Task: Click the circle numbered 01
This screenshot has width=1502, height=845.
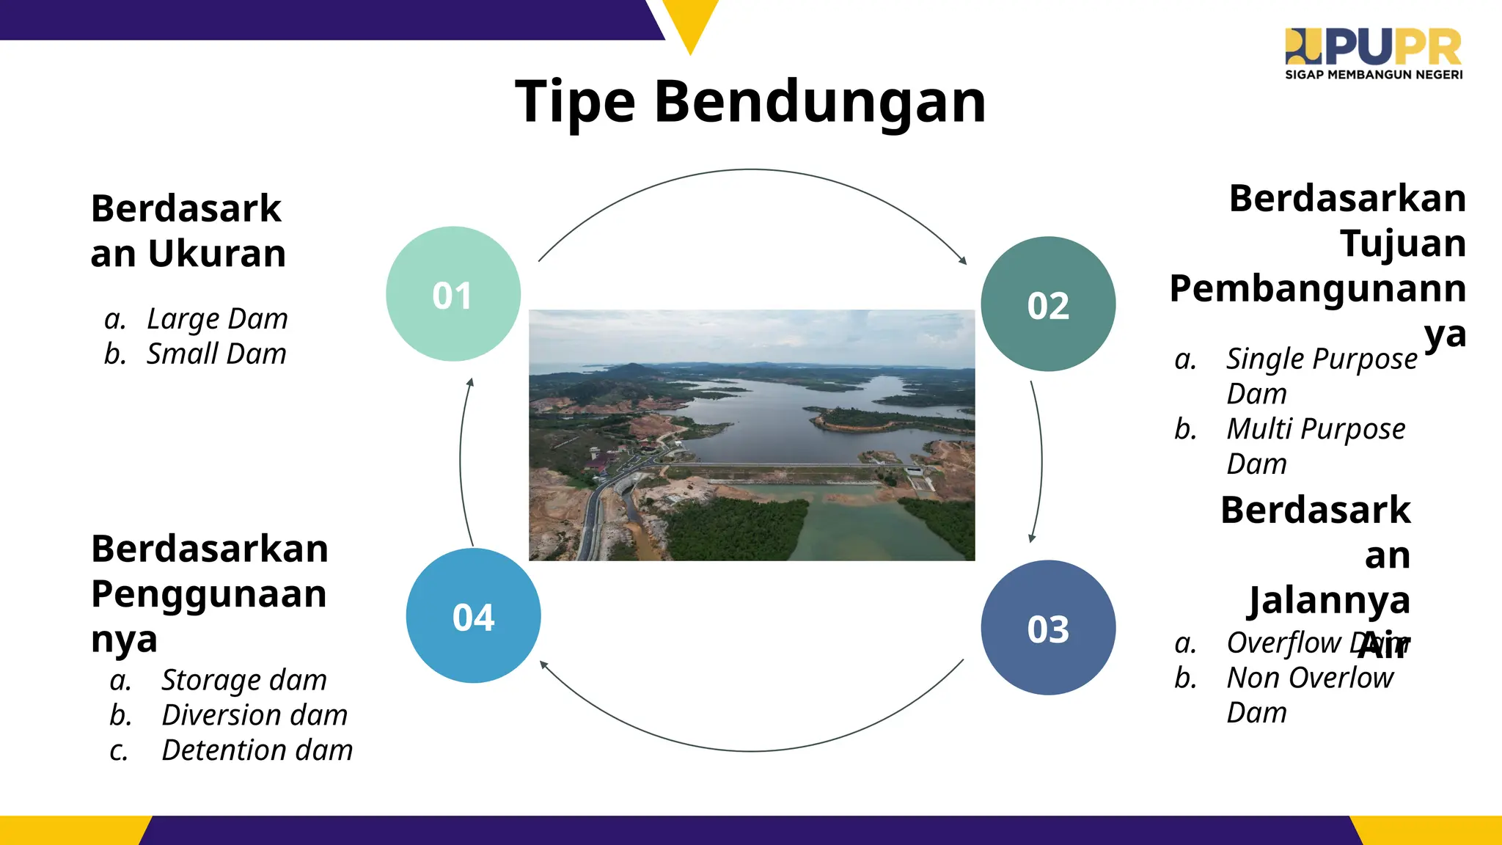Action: pyautogui.click(x=453, y=294)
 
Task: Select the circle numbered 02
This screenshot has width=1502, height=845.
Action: pyautogui.click(x=1048, y=304)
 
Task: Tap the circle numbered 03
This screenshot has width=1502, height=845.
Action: pyautogui.click(x=1048, y=628)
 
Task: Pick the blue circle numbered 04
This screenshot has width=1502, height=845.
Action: pyautogui.click(x=473, y=616)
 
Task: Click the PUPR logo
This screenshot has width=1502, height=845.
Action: pyautogui.click(x=1373, y=48)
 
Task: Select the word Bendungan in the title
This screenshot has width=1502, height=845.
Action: pyautogui.click(x=820, y=103)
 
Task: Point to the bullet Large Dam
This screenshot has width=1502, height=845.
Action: pyautogui.click(x=217, y=319)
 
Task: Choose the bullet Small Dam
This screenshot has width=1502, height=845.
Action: pyautogui.click(x=216, y=354)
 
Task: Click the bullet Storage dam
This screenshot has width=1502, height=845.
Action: pyautogui.click(x=244, y=680)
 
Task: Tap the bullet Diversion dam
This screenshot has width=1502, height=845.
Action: pyautogui.click(x=254, y=715)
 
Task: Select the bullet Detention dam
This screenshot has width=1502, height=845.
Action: pyautogui.click(x=257, y=750)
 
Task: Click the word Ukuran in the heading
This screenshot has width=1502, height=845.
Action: pyautogui.click(x=217, y=254)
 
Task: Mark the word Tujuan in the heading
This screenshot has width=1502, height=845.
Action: pyautogui.click(x=1402, y=244)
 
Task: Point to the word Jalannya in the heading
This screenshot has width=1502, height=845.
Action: pyautogui.click(x=1329, y=601)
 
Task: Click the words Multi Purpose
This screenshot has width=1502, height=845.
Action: pyautogui.click(x=1316, y=429)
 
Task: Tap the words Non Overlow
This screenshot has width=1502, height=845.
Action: pyautogui.click(x=1310, y=678)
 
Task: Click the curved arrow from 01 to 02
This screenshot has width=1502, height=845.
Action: pyautogui.click(x=751, y=170)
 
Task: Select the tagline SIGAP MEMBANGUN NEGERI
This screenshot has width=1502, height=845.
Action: pyautogui.click(x=1374, y=75)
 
